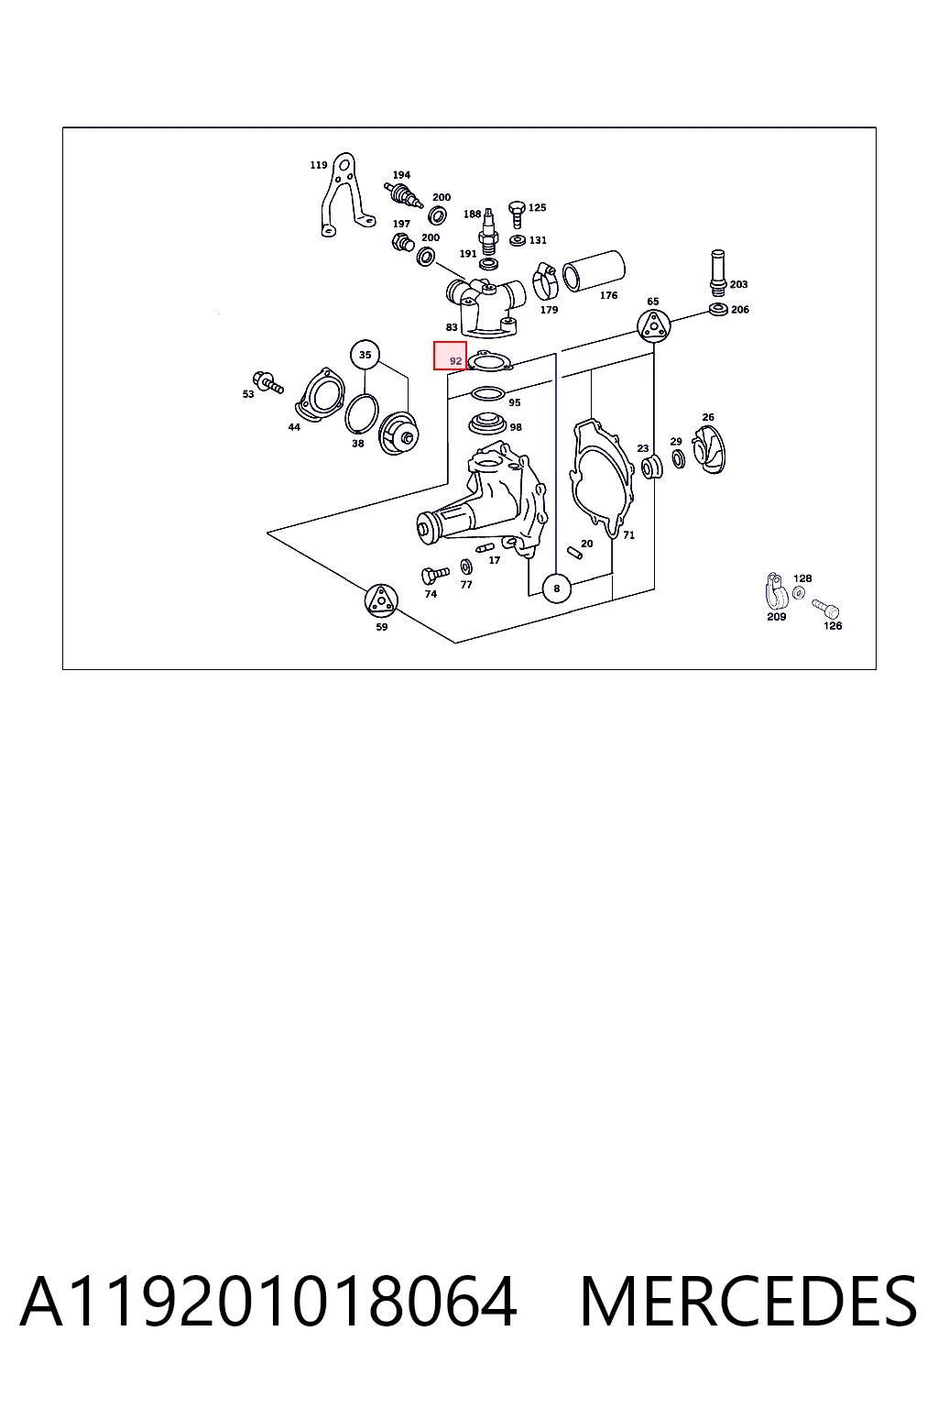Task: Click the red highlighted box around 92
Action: click(x=450, y=356)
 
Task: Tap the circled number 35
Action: click(x=365, y=355)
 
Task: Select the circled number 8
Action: click(x=557, y=588)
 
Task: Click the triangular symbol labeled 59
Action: click(x=381, y=599)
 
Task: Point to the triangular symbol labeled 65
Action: click(x=653, y=326)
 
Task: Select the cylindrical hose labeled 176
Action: click(x=594, y=271)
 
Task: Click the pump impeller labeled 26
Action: click(x=709, y=449)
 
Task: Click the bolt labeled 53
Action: click(x=267, y=382)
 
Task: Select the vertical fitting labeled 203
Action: click(x=717, y=273)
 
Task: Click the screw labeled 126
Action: click(x=826, y=609)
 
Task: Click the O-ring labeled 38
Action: click(x=362, y=414)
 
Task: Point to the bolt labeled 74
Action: click(x=435, y=575)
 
